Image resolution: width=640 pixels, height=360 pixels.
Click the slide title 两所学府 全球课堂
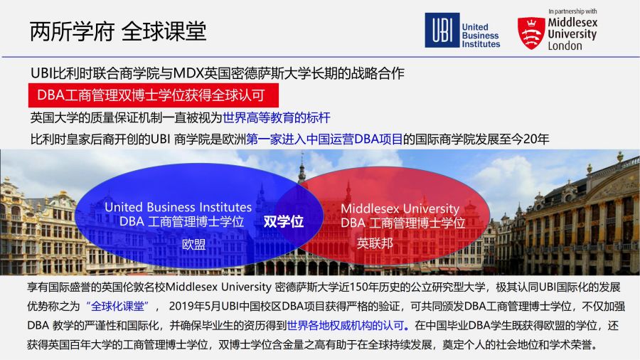coord(118,31)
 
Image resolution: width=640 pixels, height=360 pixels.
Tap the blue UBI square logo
coord(442,30)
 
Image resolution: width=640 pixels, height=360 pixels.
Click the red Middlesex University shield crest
coord(531,33)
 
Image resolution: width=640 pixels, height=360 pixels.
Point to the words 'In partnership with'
coord(572,11)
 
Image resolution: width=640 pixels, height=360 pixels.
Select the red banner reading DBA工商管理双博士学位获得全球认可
coord(154,95)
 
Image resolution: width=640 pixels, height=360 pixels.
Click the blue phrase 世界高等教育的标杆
coord(277,118)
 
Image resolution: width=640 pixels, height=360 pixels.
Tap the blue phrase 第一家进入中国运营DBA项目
coord(324,139)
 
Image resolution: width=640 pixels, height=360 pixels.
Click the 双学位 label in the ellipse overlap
coord(284,222)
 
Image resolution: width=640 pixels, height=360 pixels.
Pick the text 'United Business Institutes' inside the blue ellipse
coord(178,207)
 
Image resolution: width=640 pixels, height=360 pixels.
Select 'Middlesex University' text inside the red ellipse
coord(400,208)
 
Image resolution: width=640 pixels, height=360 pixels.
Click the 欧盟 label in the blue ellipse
coord(194,245)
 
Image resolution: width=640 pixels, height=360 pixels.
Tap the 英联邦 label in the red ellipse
coord(375,243)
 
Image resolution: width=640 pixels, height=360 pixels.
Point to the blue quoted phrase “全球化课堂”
coord(117,306)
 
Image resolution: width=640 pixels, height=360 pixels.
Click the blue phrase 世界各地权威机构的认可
coord(346,325)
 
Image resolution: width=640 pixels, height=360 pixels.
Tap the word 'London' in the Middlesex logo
coord(565,46)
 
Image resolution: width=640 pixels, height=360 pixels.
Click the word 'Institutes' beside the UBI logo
coord(481,44)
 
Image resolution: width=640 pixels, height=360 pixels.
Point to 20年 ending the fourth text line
coord(536,139)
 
